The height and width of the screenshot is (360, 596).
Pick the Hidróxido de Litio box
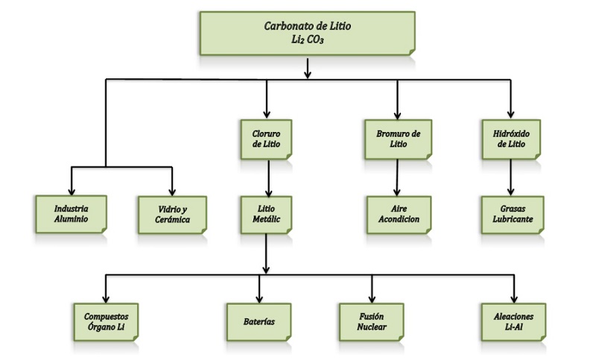click(511, 139)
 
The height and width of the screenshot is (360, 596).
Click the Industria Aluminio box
click(72, 215)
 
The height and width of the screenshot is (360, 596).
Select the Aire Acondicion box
click(396, 215)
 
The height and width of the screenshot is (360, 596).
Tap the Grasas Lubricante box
click(511, 215)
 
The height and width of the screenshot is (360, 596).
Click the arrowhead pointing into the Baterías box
click(259, 297)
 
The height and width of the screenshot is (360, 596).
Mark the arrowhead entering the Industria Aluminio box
click(72, 191)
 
